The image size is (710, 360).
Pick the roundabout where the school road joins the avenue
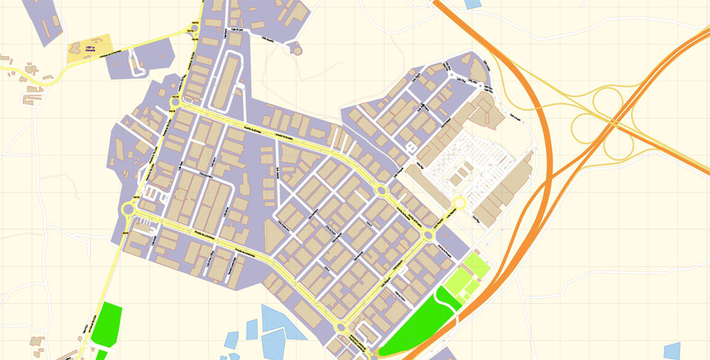(x=194, y=29)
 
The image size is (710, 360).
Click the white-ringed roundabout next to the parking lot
(x=459, y=203)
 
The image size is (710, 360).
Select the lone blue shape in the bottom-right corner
(x=672, y=351)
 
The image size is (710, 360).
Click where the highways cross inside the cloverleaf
(x=613, y=122)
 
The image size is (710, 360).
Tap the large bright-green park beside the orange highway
(x=419, y=323)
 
